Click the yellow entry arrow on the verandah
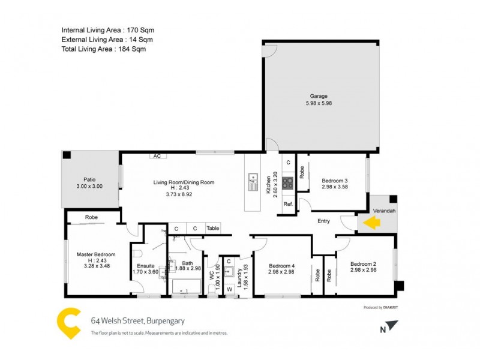tap(372, 223)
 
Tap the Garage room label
tap(319, 95)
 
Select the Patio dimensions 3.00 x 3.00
tap(89, 187)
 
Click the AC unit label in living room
tap(157, 156)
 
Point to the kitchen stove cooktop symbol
tap(287, 182)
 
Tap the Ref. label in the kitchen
tap(287, 205)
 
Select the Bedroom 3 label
tap(335, 181)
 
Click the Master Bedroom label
tap(96, 254)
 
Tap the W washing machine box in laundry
tap(229, 289)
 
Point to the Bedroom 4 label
tap(282, 266)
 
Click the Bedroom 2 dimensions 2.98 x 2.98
tap(364, 270)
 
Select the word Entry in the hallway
tap(323, 221)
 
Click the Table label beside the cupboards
tap(212, 229)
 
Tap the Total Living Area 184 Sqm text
tap(104, 49)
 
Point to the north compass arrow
tap(392, 326)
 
